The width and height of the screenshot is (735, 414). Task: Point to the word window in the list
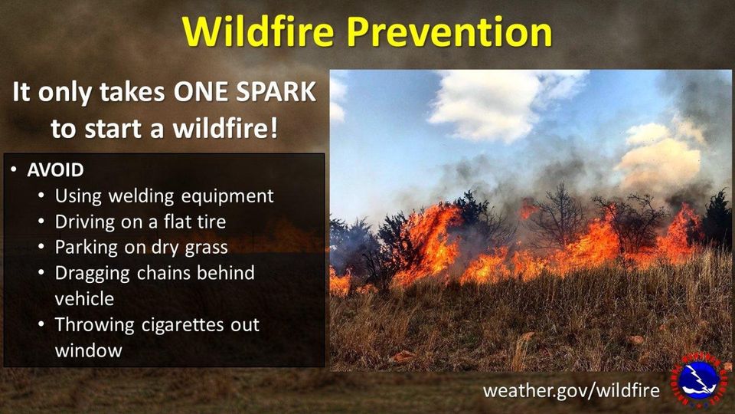tap(88, 350)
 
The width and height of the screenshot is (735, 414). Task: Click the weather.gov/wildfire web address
tap(570, 390)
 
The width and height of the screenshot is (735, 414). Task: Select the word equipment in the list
tap(227, 196)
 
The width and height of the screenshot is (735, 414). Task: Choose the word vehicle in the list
tap(83, 298)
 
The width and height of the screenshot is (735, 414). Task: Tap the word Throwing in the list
tap(94, 324)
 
